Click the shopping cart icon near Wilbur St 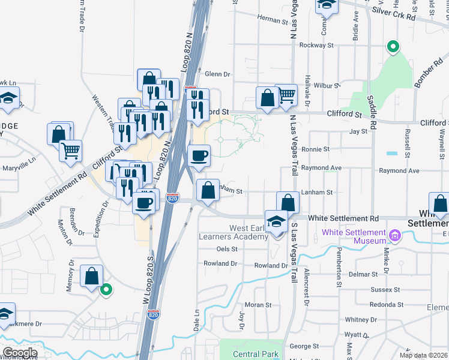tap(287, 94)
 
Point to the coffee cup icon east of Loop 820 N tap(199, 156)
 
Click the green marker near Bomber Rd tap(393, 46)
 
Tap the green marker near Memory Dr tap(106, 290)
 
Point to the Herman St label tap(273, 20)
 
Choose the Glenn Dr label tap(217, 74)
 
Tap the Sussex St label tap(385, 289)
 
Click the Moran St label tap(258, 305)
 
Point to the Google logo tap(20, 353)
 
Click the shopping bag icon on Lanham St tap(208, 191)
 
